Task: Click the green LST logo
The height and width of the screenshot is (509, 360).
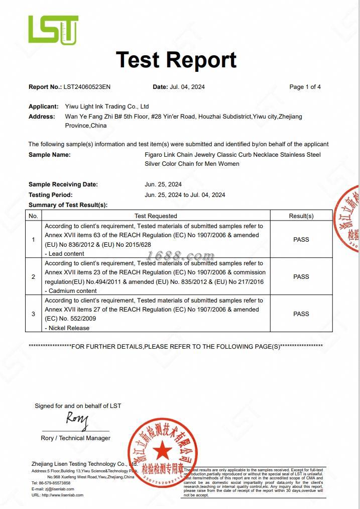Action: coord(53,30)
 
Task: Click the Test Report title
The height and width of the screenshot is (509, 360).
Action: coord(176,59)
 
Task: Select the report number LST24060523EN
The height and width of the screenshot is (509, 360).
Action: coord(87,87)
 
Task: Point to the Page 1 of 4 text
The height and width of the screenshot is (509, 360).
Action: coord(305,87)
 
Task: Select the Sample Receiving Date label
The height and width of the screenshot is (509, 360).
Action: coord(63,184)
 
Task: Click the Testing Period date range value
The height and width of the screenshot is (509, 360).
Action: coord(185,194)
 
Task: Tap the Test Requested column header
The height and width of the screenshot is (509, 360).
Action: coord(156,216)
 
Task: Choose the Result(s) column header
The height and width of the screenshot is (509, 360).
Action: coord(301,216)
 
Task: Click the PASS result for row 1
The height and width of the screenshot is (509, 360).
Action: coord(301,240)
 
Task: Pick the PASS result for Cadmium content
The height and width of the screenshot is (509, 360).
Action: coord(301,277)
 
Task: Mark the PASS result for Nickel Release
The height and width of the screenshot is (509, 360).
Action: coord(301,314)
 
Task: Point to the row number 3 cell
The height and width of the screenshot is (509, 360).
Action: coord(34,314)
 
